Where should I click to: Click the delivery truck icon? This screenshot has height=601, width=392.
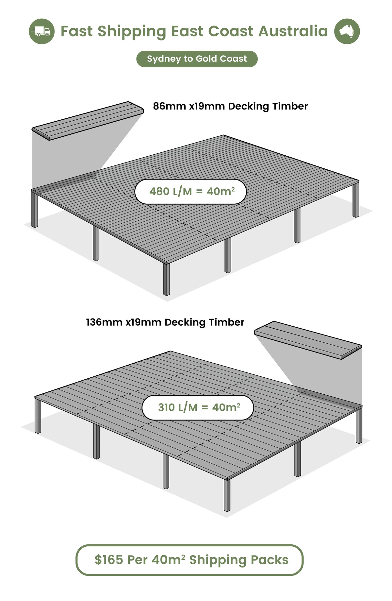(x=41, y=31)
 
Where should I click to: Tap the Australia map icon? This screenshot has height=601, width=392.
(x=347, y=31)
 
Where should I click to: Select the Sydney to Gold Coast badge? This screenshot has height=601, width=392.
(x=197, y=59)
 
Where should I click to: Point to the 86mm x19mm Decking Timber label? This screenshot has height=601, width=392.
(x=230, y=106)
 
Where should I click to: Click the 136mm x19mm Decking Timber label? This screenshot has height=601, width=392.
(x=165, y=322)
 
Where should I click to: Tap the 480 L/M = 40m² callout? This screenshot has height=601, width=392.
(x=190, y=192)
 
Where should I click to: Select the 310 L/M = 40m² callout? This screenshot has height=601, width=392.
(x=198, y=407)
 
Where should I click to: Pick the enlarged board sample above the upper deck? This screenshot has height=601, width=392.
(x=88, y=121)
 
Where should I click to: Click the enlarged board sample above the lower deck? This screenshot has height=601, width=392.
(x=308, y=340)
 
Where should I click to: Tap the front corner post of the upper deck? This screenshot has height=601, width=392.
(x=167, y=279)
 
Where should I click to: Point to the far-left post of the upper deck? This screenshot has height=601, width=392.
(x=35, y=208)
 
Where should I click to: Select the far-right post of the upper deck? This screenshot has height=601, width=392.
(x=356, y=199)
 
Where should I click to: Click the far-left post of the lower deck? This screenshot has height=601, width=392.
(x=38, y=415)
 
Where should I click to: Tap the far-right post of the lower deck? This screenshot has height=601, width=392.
(x=359, y=425)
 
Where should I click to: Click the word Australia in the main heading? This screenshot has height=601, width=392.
(x=293, y=31)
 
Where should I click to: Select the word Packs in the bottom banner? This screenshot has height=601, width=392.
(x=269, y=560)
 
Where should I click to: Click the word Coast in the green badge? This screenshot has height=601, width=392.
(x=233, y=59)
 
